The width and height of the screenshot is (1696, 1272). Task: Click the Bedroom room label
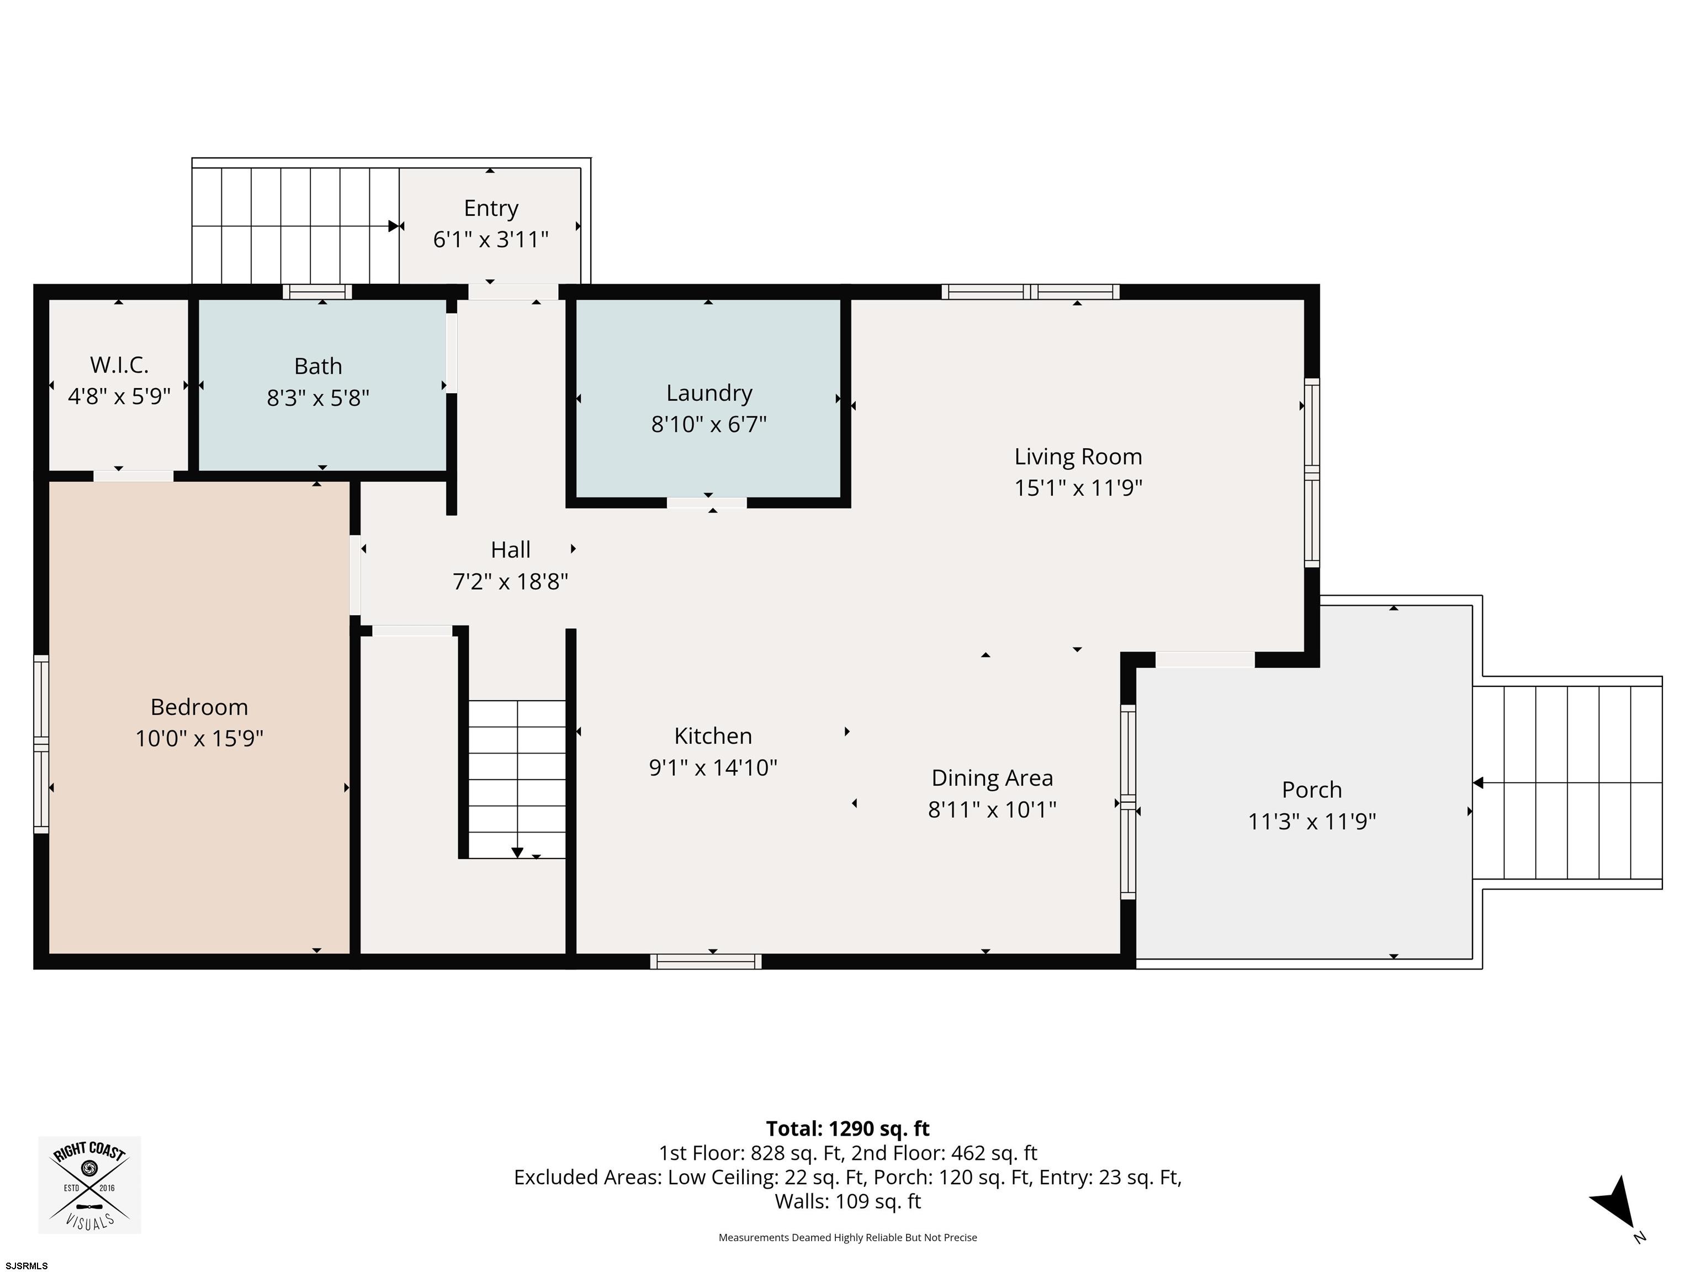pos(199,706)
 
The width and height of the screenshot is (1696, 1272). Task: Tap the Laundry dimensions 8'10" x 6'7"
pos(709,424)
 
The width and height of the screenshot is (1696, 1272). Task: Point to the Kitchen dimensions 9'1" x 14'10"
pos(713,767)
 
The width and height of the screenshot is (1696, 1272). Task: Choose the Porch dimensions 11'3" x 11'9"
pos(1312,821)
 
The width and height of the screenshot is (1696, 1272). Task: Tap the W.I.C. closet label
pos(119,364)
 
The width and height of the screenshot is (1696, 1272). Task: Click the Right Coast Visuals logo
pos(89,1185)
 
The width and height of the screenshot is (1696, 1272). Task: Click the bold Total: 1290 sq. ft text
pos(847,1128)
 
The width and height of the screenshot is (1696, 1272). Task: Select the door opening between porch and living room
pos(1205,659)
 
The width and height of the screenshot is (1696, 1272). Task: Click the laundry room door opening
pos(706,503)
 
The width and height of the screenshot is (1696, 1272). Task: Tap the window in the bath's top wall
pos(317,292)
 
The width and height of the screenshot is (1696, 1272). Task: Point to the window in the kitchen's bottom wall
pos(706,962)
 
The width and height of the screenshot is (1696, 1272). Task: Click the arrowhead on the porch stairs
pos(1477,783)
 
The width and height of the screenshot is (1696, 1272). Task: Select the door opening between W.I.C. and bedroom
pos(134,476)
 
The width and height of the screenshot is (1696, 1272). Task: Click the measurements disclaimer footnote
pos(847,1238)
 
